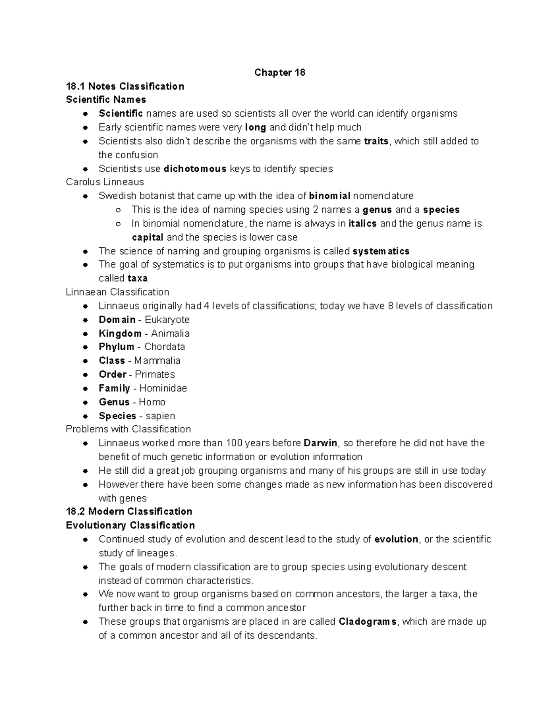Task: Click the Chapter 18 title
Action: (280, 72)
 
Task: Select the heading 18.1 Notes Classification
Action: (125, 86)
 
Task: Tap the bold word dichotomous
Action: (195, 169)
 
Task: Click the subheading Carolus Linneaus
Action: (105, 182)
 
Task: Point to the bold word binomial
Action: (329, 196)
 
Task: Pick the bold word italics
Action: (362, 223)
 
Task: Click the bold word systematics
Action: (381, 251)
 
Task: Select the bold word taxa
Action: (137, 278)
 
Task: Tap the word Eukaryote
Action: (167, 320)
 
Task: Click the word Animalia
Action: (170, 333)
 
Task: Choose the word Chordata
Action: (165, 347)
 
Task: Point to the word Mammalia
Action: (157, 360)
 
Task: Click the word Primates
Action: (155, 374)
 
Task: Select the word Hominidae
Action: (163, 388)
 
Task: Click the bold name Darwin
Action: (320, 443)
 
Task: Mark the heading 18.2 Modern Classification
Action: (129, 512)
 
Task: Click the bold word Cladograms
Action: (367, 622)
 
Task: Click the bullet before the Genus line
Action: (85, 402)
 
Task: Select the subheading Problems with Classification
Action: (128, 429)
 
